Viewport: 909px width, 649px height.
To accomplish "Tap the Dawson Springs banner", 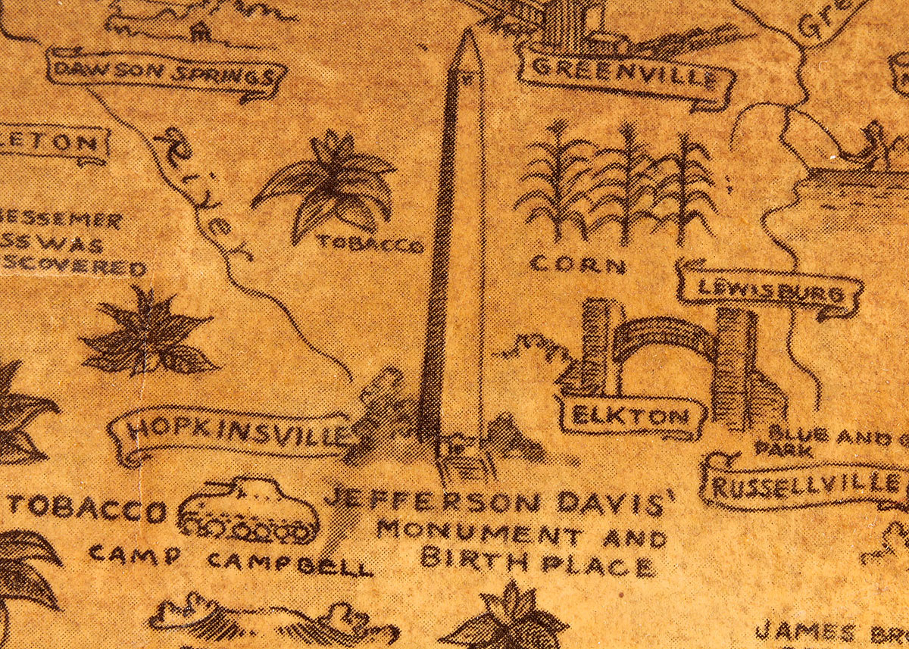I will tap(165, 74).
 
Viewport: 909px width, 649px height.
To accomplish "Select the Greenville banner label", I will tap(625, 73).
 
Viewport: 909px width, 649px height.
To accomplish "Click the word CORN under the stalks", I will tap(578, 265).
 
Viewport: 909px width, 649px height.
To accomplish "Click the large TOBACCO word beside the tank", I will tap(87, 509).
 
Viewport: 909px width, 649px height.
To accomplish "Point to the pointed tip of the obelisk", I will tap(467, 34).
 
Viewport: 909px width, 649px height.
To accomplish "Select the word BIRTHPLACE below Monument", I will tap(538, 563).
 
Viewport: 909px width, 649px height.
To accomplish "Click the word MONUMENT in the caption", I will tap(479, 534).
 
